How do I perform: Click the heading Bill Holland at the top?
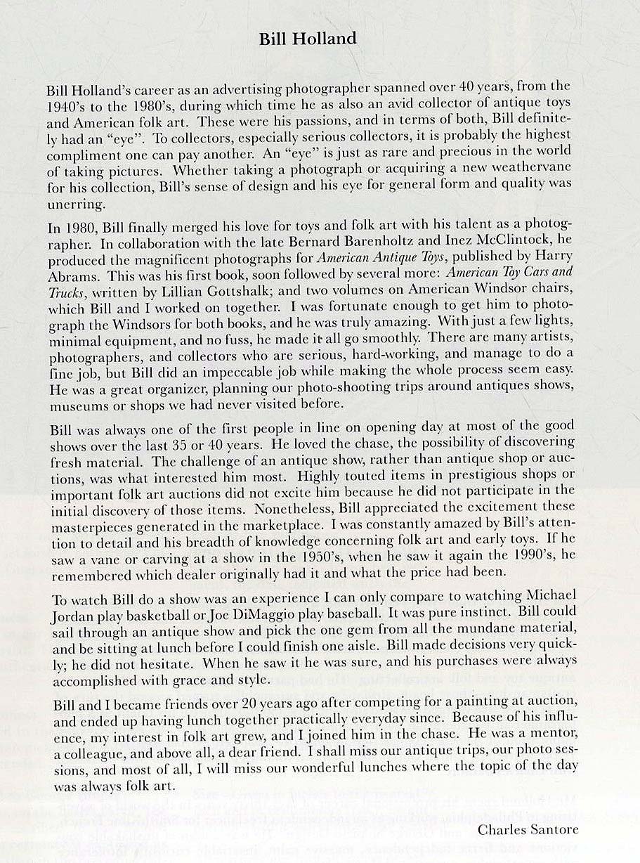pos(308,39)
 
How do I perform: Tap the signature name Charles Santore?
pos(528,830)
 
